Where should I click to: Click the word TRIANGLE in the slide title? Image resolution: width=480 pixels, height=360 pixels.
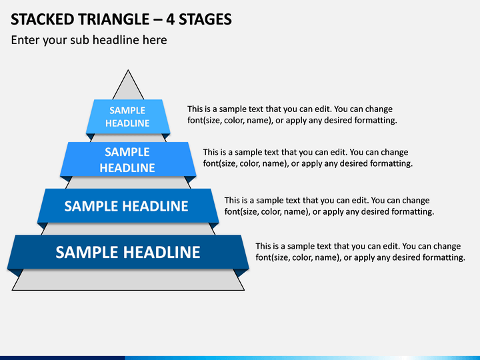tap(114, 19)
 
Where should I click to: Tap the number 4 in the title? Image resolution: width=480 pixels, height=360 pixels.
tap(171, 19)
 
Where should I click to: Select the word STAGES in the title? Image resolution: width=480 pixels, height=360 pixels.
tap(205, 19)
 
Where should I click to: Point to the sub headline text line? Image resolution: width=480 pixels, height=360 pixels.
tap(89, 40)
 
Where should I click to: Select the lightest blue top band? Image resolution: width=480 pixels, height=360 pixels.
tap(128, 117)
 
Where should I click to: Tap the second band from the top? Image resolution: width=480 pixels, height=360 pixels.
tap(128, 159)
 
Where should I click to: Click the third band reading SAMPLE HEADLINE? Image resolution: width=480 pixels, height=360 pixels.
tap(128, 206)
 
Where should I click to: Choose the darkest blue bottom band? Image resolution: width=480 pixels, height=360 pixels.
tap(128, 252)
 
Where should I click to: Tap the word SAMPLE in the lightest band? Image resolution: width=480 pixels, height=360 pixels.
tap(127, 110)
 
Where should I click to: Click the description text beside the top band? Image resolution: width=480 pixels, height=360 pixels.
tap(292, 115)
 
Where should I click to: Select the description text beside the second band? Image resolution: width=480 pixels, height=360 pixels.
tap(307, 157)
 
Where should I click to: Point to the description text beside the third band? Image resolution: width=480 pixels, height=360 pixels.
tap(329, 206)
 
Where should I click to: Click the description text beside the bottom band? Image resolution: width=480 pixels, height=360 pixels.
tap(360, 251)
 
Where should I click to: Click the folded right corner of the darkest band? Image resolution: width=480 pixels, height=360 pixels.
tap(243, 273)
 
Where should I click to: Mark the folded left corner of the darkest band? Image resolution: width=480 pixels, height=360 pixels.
tap(14, 273)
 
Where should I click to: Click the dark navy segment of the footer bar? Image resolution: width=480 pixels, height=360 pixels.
tap(63, 358)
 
